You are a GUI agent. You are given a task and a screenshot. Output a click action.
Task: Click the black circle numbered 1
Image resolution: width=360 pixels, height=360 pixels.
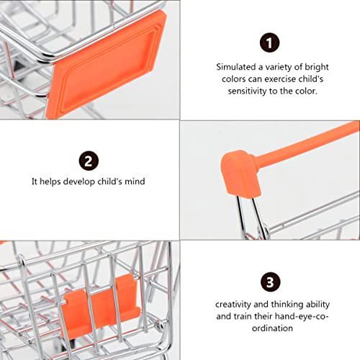click(x=269, y=44)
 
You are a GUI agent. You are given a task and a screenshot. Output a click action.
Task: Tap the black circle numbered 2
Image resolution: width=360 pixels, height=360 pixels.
click(x=89, y=160)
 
